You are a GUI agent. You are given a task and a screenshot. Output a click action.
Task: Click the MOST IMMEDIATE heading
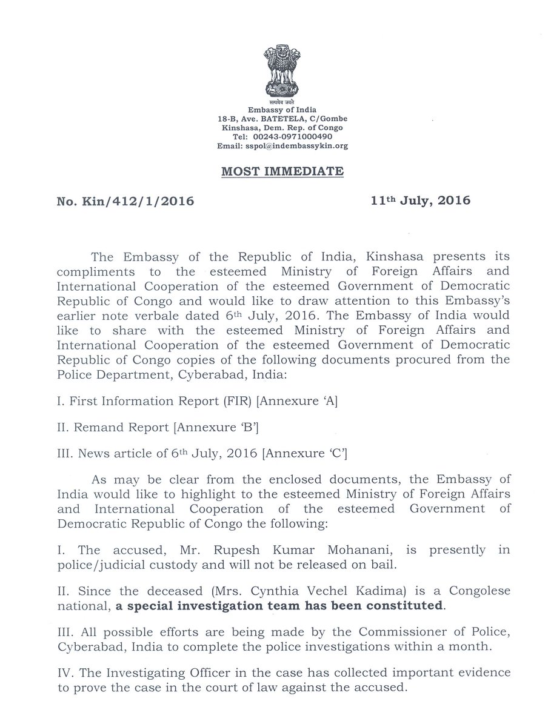(x=282, y=171)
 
